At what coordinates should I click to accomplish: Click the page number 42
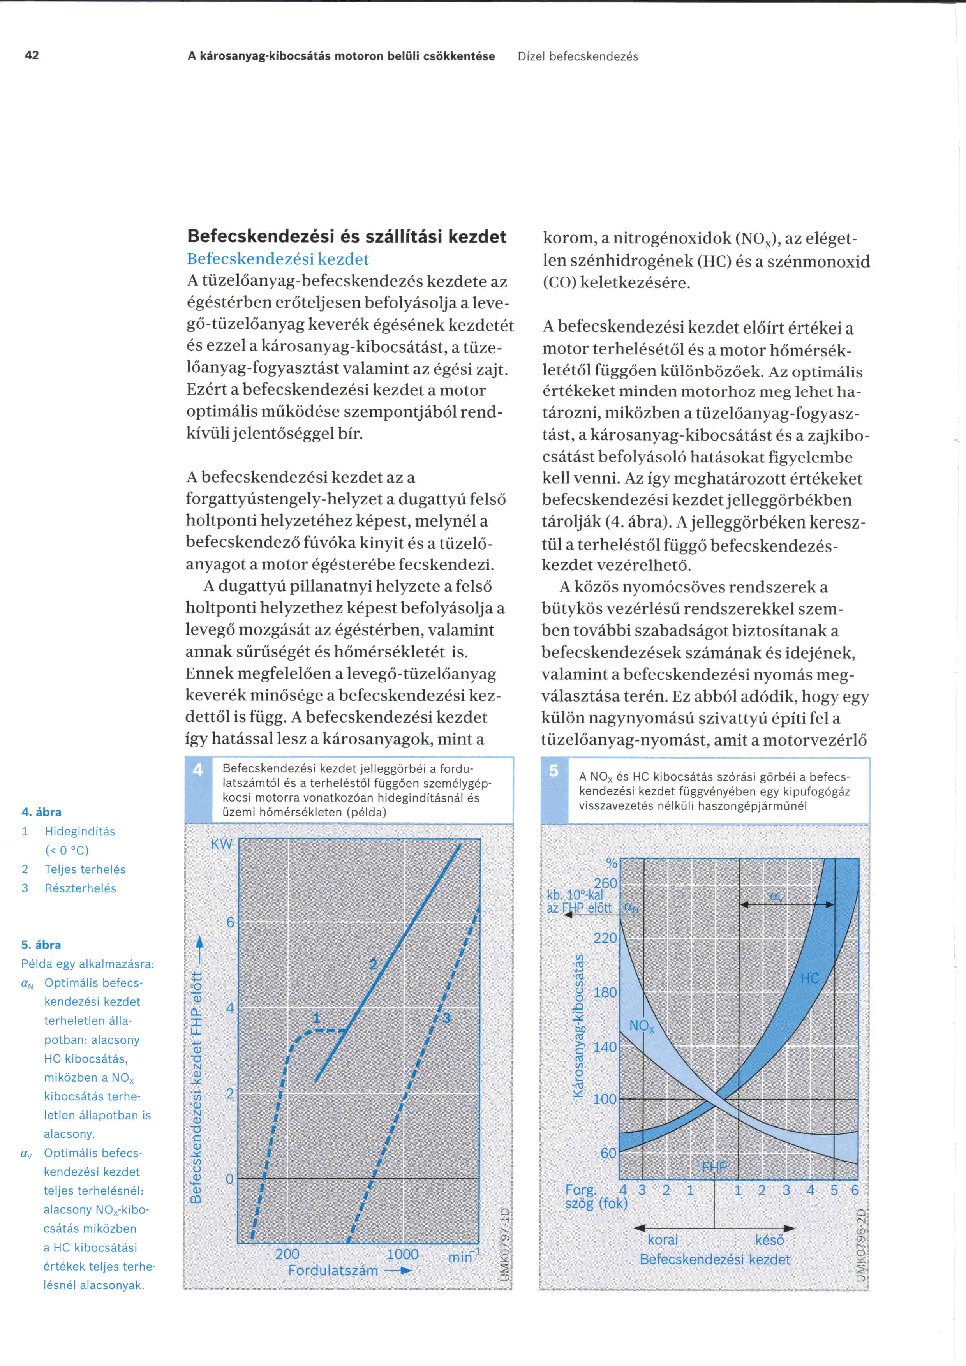tap(32, 55)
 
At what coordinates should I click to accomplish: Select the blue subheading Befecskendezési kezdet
tap(278, 259)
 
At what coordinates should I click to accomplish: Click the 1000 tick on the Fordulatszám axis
tap(403, 1254)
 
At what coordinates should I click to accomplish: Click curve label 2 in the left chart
tap(373, 964)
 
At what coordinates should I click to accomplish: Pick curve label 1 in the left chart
tap(316, 1018)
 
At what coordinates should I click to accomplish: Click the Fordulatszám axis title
tap(333, 1270)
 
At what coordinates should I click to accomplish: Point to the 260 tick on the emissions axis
tap(606, 883)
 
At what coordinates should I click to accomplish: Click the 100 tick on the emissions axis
tap(605, 1099)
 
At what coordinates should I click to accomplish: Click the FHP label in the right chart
tap(714, 1167)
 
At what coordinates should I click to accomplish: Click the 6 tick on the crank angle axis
tap(855, 1190)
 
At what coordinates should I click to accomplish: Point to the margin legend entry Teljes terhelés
tap(85, 869)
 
